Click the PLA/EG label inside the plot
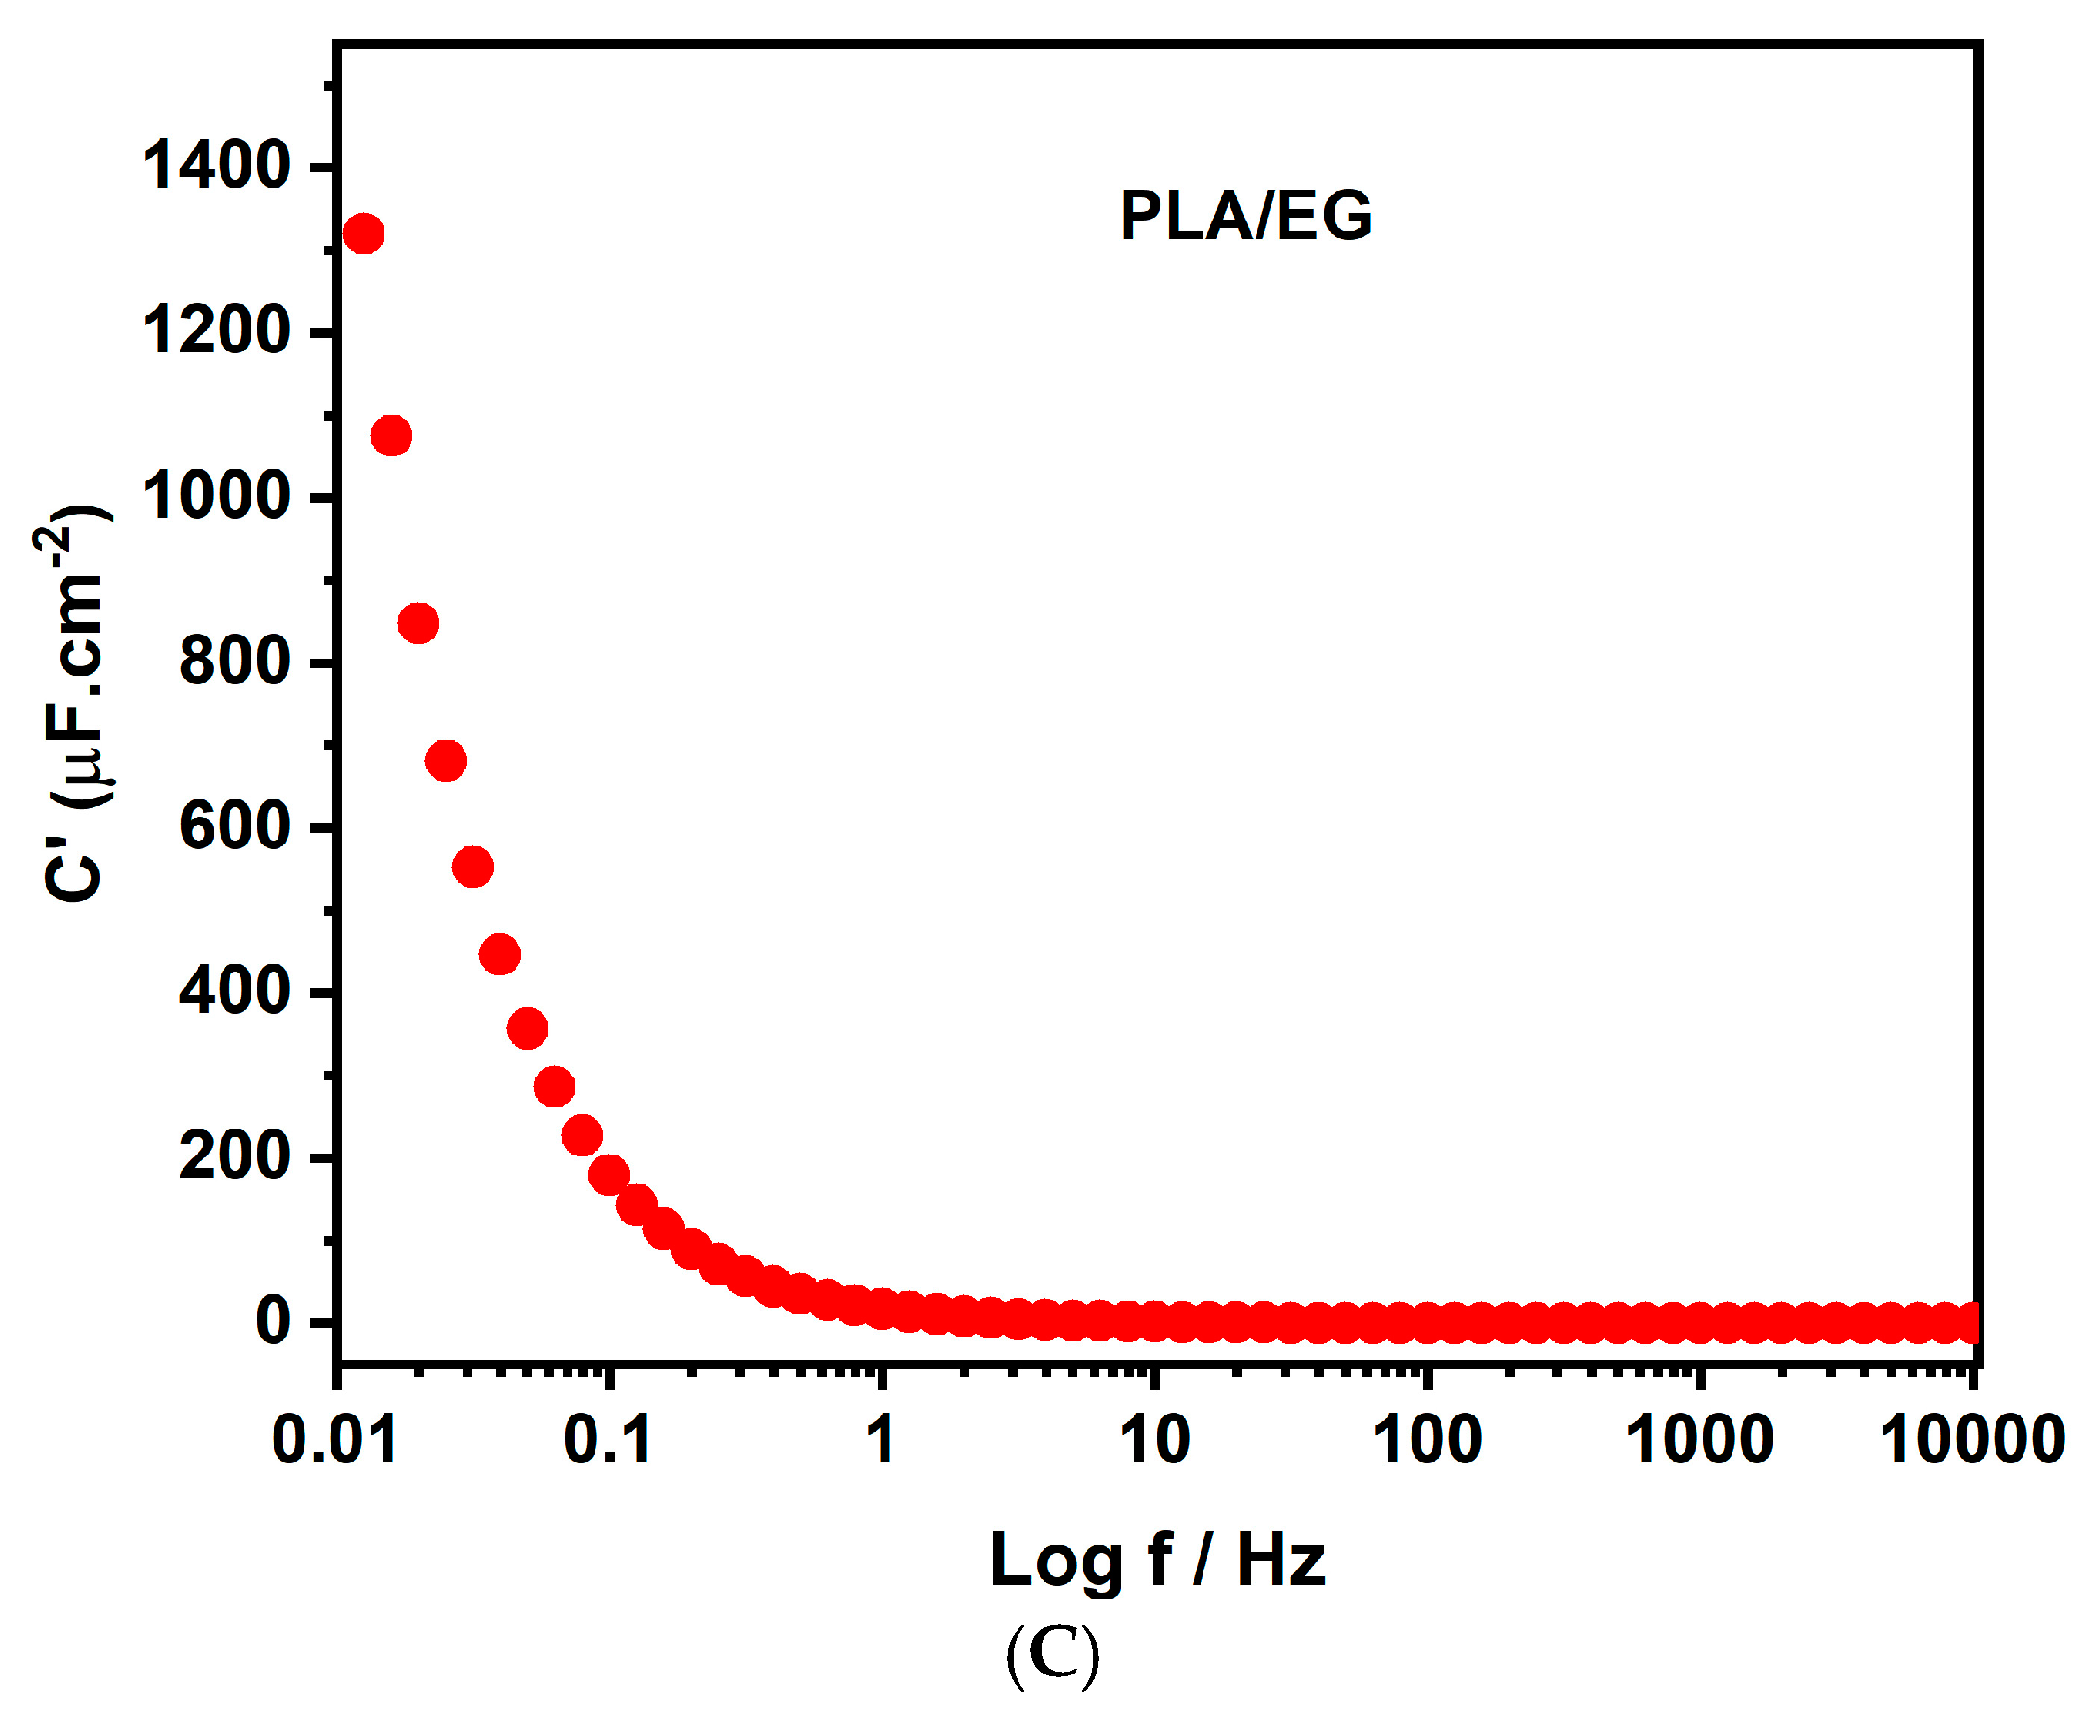point(1245,215)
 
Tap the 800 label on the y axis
point(235,662)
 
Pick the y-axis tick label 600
point(235,826)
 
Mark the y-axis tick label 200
point(235,1155)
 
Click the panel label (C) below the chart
point(1052,1657)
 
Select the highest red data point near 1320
point(363,234)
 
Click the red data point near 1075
point(391,435)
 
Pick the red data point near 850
point(418,623)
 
